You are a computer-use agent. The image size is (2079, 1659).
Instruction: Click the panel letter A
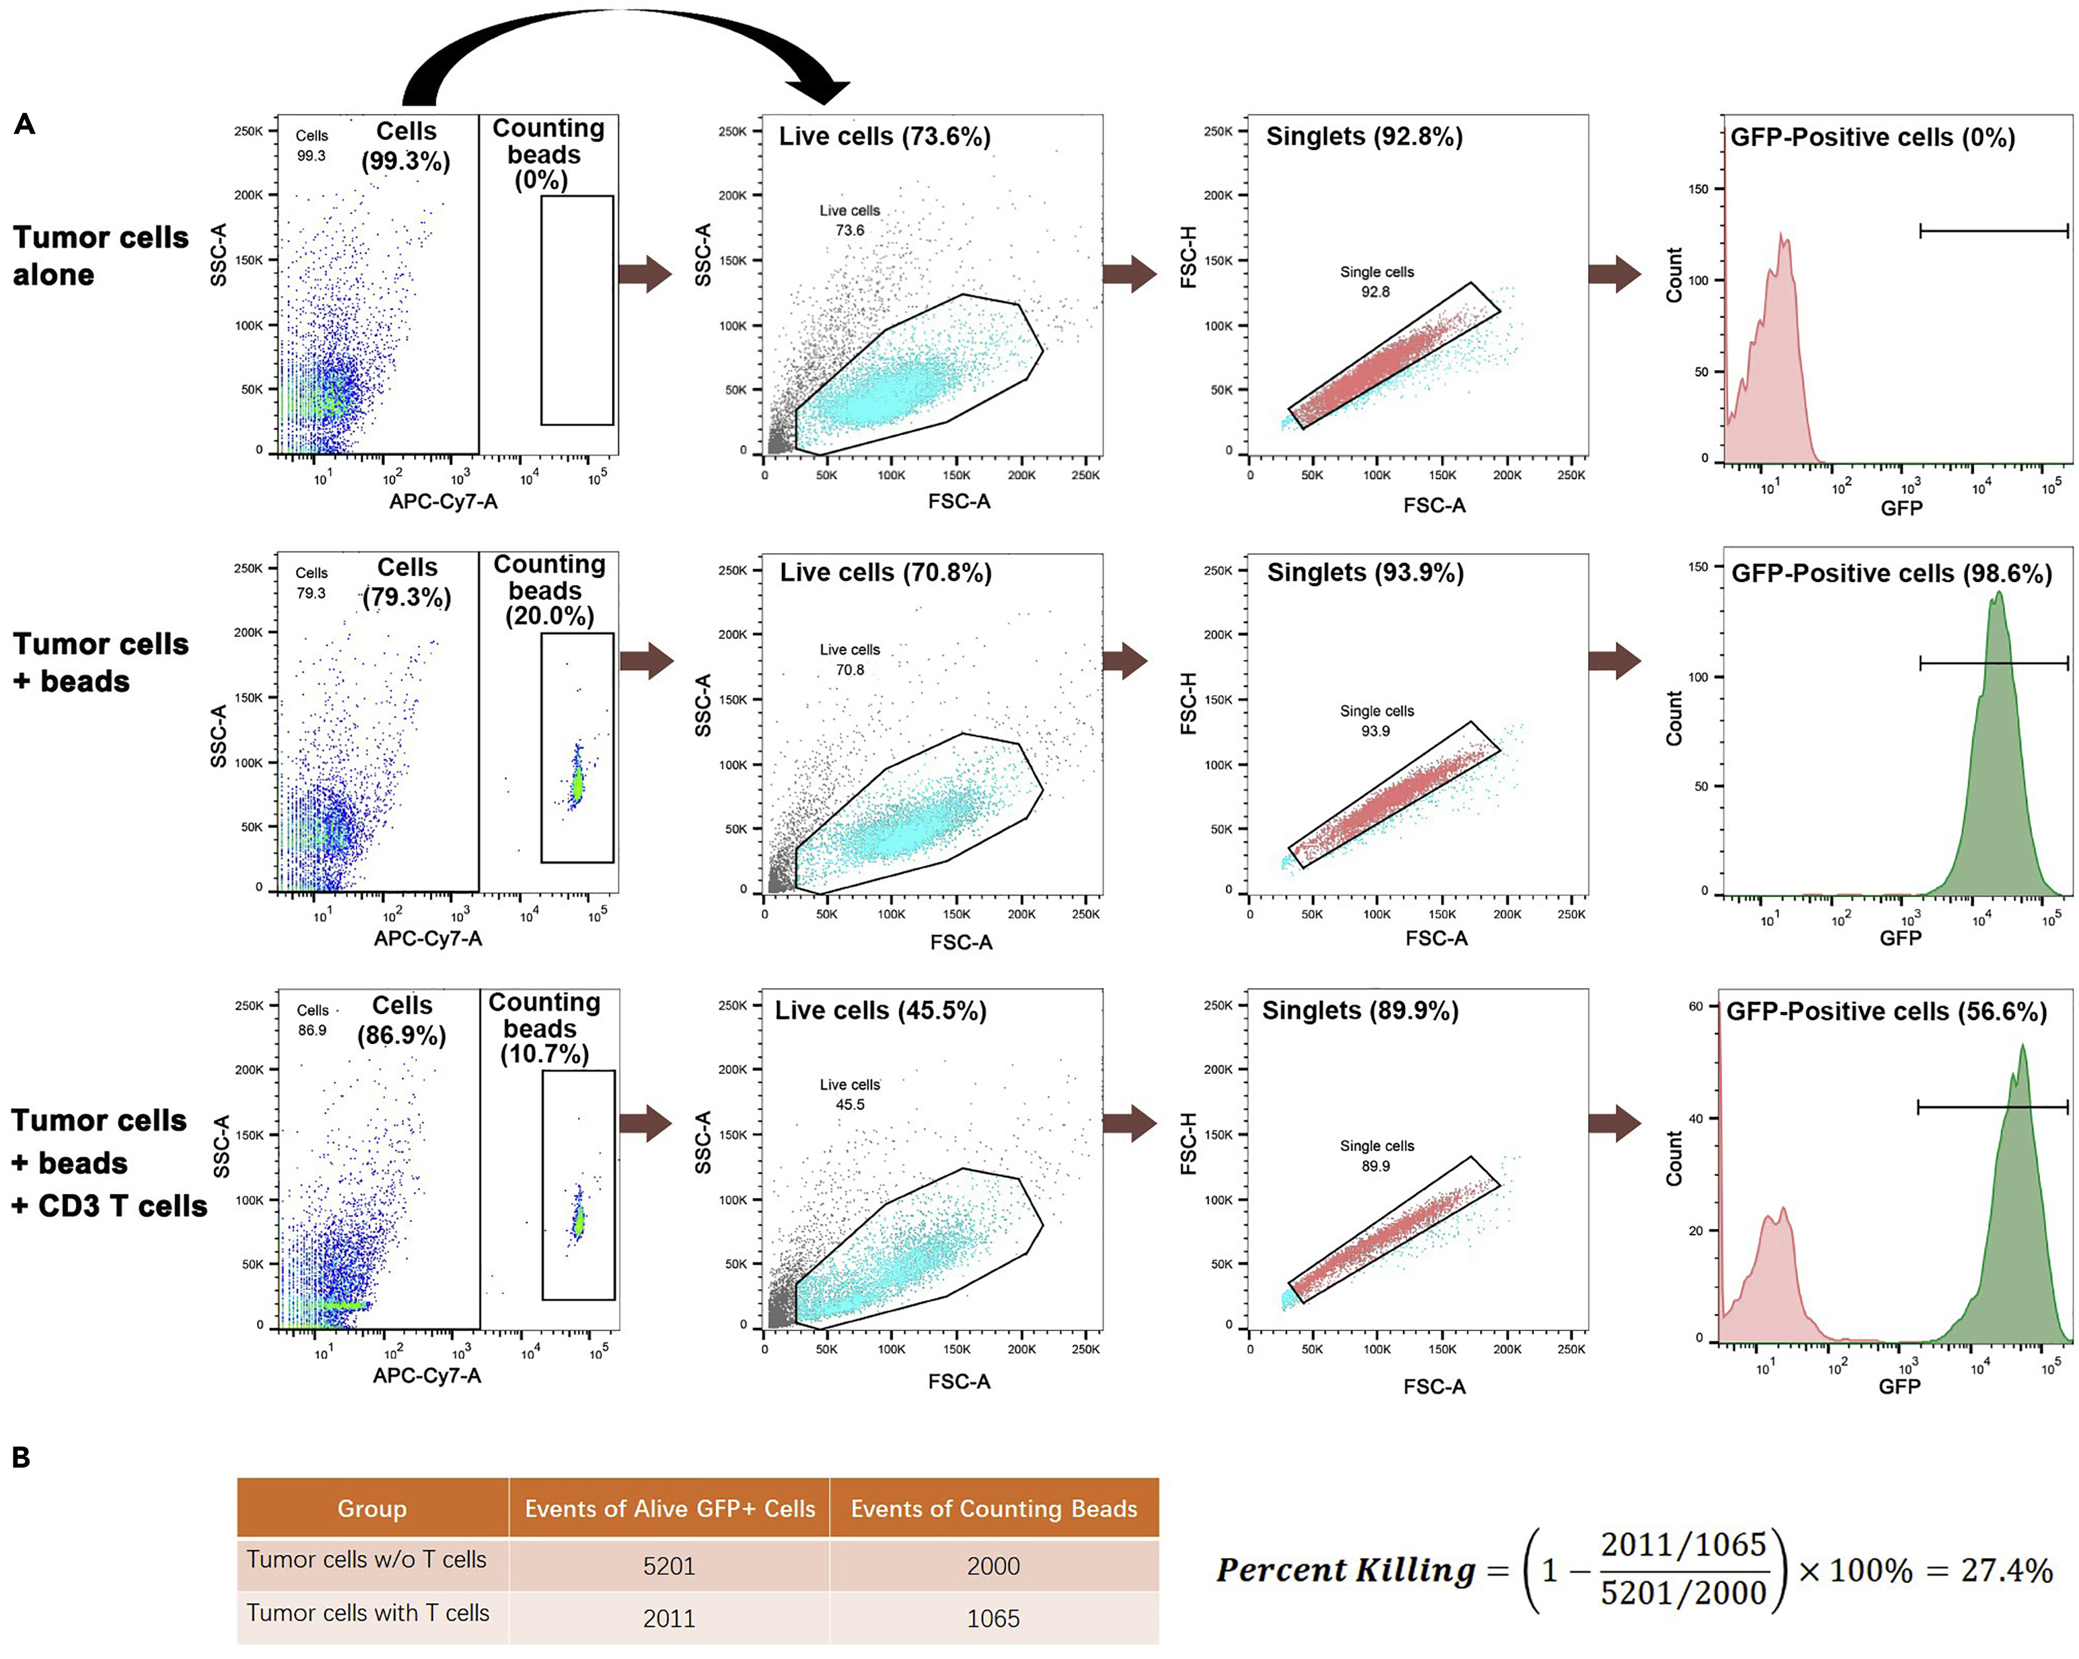pos(25,125)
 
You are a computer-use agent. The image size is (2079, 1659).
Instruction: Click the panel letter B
pos(21,1457)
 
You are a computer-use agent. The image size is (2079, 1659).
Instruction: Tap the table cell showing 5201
pos(669,1565)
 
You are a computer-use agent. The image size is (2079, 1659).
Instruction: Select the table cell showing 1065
pos(993,1618)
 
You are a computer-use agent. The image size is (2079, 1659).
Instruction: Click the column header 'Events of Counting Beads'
pos(993,1509)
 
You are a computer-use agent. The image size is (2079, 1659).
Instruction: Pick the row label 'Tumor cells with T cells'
pos(368,1613)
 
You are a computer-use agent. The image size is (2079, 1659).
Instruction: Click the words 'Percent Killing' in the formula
pos(1345,1570)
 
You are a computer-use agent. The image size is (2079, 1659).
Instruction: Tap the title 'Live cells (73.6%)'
pos(884,137)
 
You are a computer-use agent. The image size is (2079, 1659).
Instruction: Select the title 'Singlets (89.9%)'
pos(1360,1011)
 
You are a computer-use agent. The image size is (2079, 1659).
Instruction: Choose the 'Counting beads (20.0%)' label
pos(549,590)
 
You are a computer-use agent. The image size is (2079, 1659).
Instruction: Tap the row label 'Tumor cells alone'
pos(101,255)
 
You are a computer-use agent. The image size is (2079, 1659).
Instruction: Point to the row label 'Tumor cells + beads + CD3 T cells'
pos(108,1163)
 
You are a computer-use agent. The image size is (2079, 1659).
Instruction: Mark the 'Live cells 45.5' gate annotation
pos(849,1095)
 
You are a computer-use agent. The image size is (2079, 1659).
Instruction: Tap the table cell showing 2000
pos(993,1565)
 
